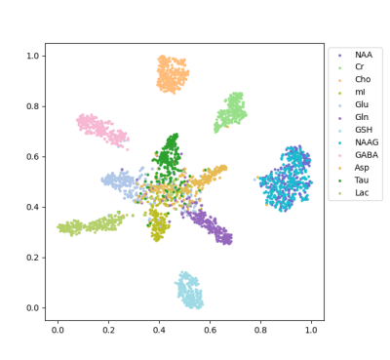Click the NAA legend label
tap(364, 55)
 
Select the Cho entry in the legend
tap(363, 79)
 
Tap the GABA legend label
tap(367, 155)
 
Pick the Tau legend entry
tap(362, 180)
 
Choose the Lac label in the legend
tap(362, 193)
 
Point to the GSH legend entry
tap(364, 130)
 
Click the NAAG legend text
tap(367, 142)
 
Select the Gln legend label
tap(362, 117)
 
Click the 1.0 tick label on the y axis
tap(32, 56)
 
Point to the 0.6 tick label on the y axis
tap(32, 157)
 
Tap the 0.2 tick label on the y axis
tap(32, 258)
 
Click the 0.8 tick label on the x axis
tap(260, 330)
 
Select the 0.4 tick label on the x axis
tap(159, 330)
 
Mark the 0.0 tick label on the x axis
tap(58, 330)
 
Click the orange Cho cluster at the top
tap(173, 75)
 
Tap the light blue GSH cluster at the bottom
tap(189, 291)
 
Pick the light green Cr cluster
tap(231, 112)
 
